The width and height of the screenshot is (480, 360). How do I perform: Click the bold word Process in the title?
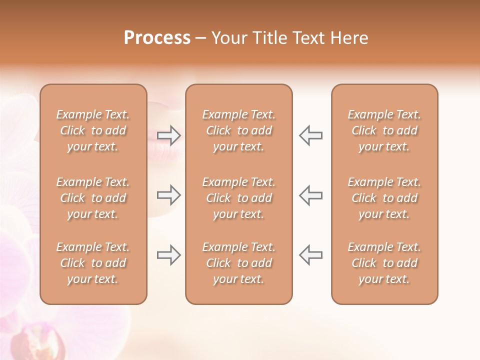[157, 38]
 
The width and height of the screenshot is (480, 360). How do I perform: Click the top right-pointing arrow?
[169, 135]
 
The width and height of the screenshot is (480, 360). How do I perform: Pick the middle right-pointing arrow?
[169, 195]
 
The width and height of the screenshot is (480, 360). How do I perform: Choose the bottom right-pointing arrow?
[169, 255]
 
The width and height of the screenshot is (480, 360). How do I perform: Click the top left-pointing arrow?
[310, 135]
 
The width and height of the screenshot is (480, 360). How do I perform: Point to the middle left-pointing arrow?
[310, 195]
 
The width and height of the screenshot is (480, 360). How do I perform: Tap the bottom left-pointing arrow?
[310, 255]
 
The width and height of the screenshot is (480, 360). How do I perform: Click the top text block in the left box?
[93, 130]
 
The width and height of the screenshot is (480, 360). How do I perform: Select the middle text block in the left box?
[93, 198]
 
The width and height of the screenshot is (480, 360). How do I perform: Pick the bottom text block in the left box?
[93, 263]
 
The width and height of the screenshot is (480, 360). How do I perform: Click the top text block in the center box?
[238, 130]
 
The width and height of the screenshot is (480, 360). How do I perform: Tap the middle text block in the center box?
[238, 198]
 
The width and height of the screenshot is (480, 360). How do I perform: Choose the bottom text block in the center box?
[238, 263]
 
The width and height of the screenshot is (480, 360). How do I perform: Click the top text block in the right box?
[384, 130]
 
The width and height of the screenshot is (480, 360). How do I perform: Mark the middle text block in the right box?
[384, 198]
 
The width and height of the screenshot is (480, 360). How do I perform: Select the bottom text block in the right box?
[384, 263]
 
